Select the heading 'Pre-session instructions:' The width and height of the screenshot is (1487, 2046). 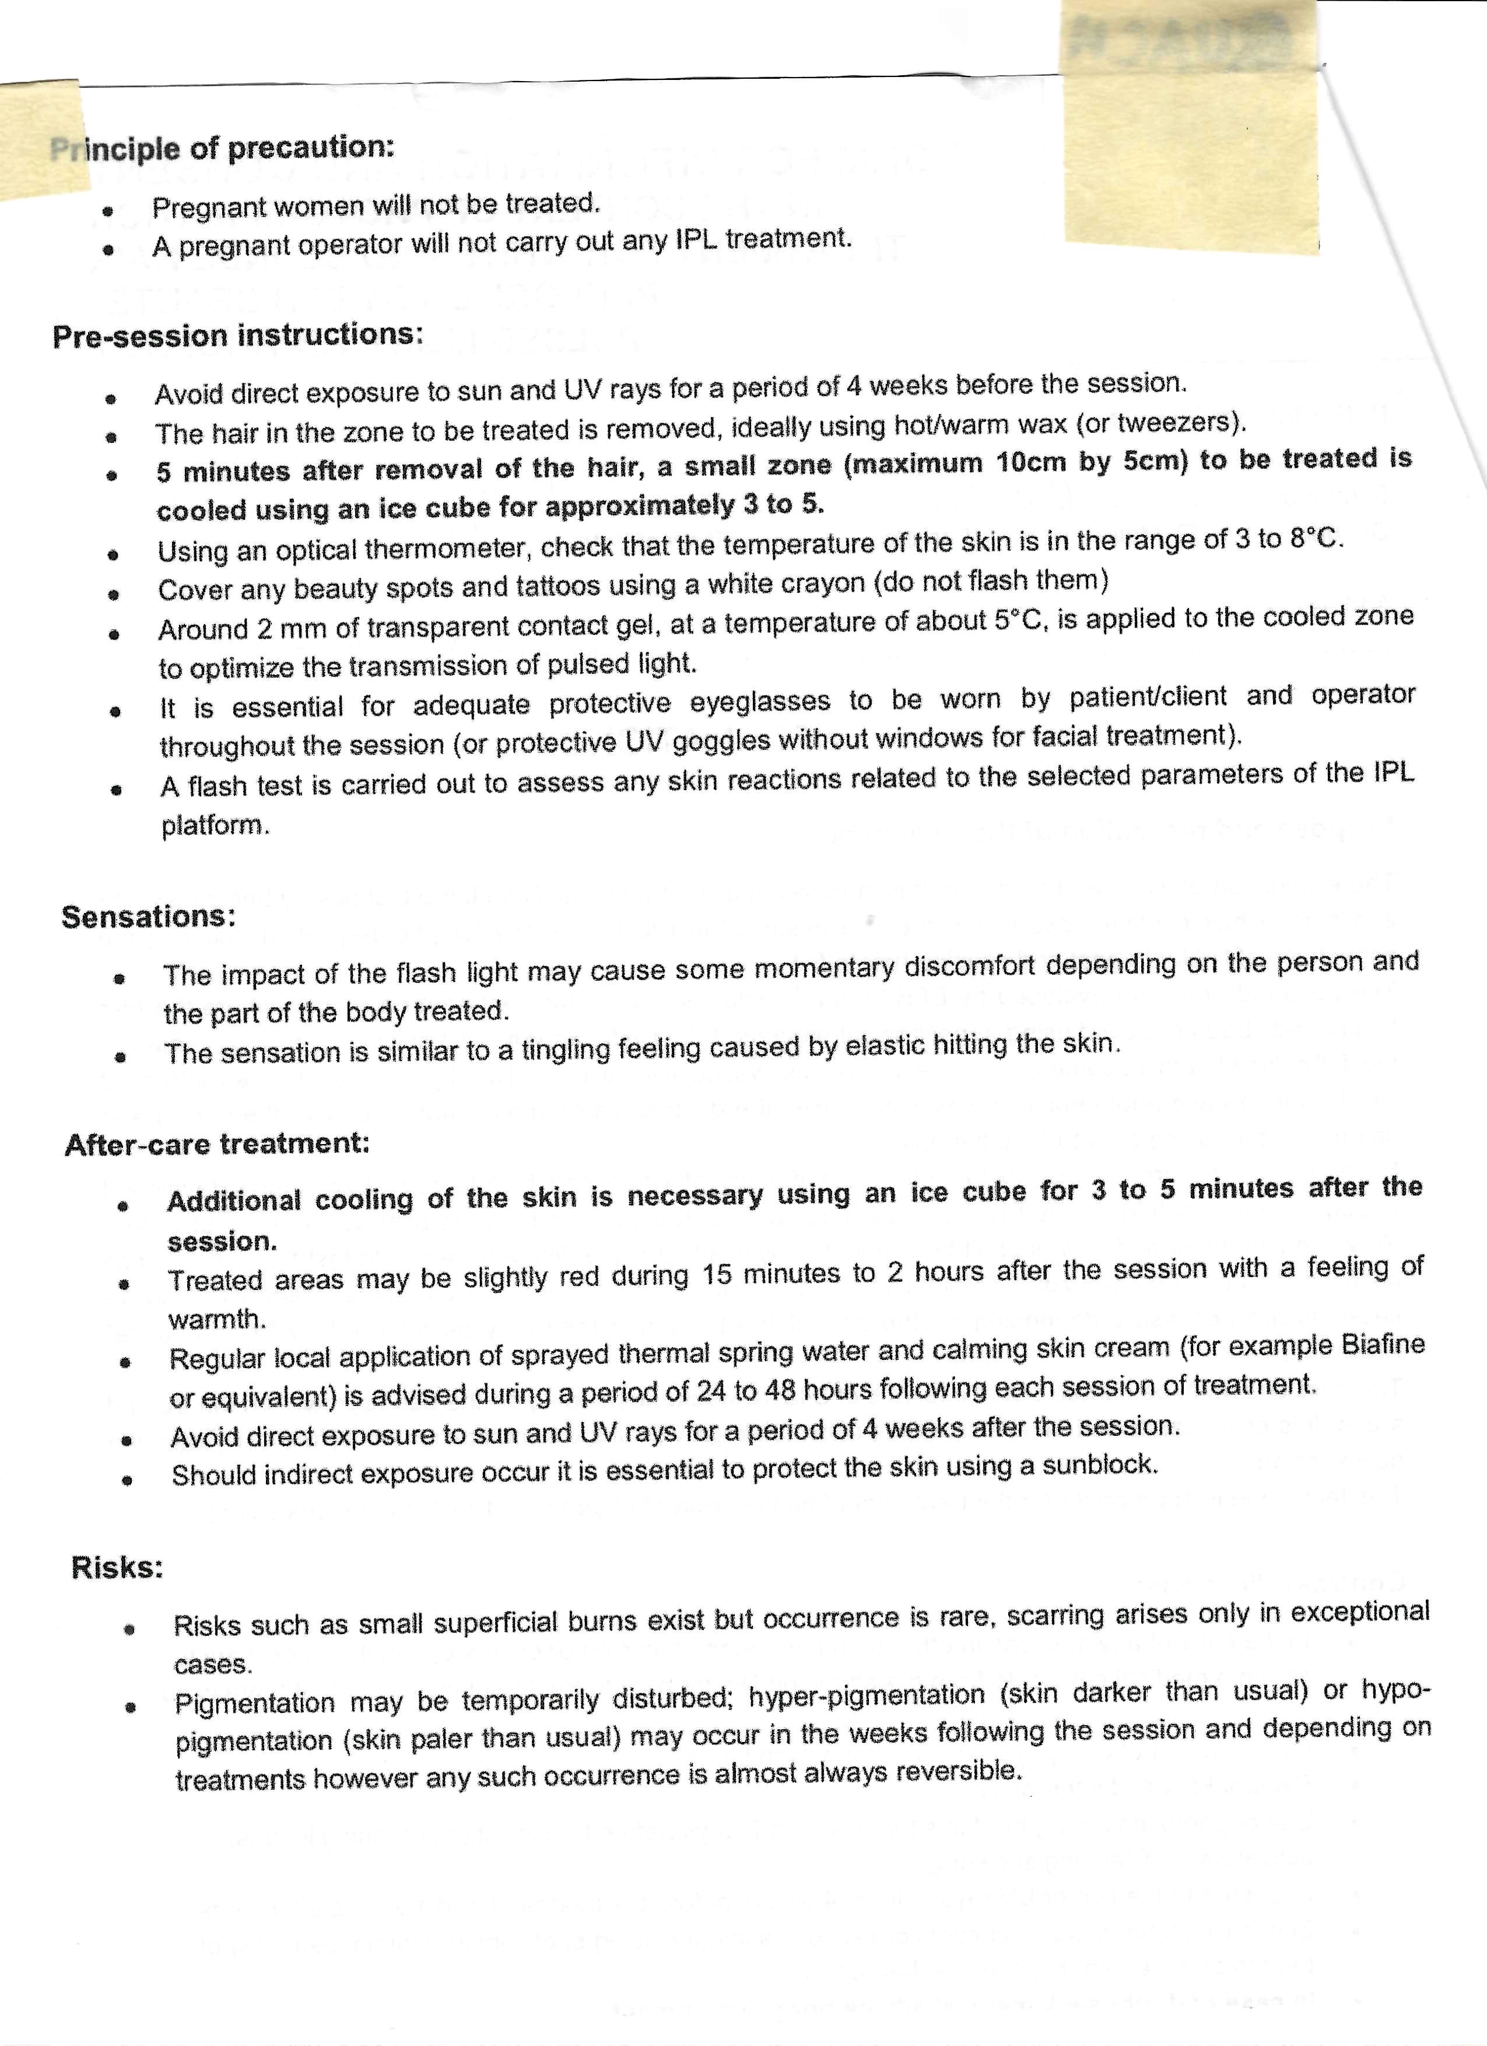[x=237, y=335]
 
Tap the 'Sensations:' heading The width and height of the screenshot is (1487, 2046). [x=149, y=917]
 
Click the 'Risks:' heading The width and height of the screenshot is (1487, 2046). [x=117, y=1567]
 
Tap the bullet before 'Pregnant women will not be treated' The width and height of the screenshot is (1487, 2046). [x=107, y=212]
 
